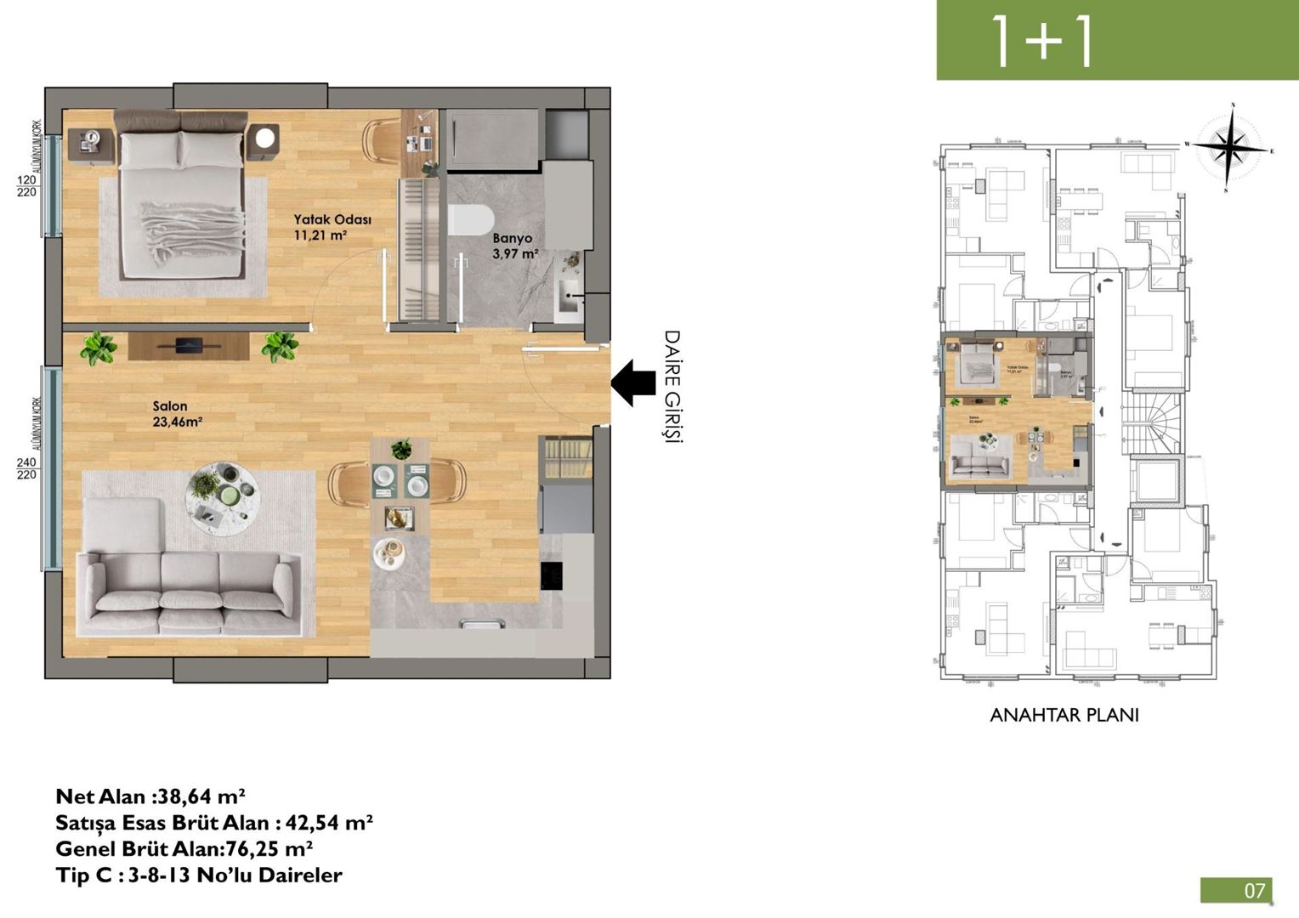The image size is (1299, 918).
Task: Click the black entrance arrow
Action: pos(632,382)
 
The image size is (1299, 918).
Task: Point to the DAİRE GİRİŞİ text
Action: pos(672,386)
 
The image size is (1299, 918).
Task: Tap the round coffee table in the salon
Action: pos(223,496)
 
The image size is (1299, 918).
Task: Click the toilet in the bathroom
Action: pos(470,218)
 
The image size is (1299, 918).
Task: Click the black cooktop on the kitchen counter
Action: pos(552,575)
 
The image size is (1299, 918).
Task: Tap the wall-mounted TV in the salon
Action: pos(189,344)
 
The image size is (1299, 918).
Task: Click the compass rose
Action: pos(1229,147)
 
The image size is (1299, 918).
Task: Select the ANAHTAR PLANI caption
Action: pos(1064,715)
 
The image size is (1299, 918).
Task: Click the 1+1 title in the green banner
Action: pos(1042,40)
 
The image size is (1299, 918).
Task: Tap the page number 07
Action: pos(1255,890)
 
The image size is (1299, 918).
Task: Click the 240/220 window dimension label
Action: pos(26,468)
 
